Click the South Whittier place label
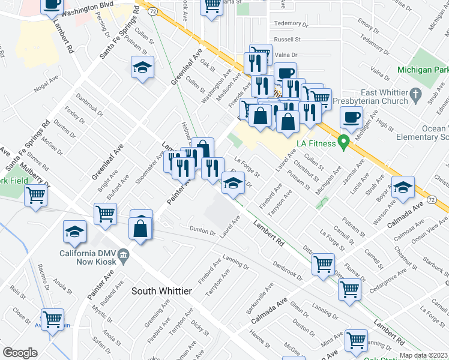161,291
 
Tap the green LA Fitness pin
343,143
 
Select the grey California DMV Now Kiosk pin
123,256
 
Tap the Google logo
20,353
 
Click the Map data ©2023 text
424,355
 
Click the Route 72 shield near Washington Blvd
154,11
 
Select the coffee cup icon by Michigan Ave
351,118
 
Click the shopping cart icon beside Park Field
36,195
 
